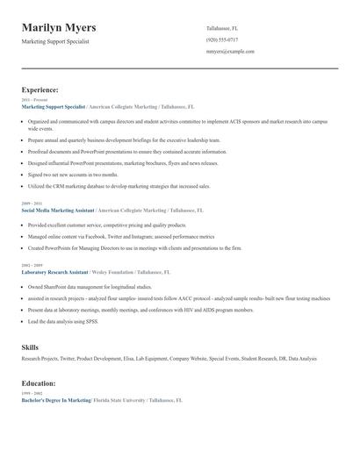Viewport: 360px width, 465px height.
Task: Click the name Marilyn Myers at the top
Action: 59,28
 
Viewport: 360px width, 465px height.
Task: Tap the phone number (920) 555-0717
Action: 221,39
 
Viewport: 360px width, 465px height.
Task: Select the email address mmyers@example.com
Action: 230,51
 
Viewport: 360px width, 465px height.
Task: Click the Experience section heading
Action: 40,89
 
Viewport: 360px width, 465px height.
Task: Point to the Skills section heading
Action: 30,347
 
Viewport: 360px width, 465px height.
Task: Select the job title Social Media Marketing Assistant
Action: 58,211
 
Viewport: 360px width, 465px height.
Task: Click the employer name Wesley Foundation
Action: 113,272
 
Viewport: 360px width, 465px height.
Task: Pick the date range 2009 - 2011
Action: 32,204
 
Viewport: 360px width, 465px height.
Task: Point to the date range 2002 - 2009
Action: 32,265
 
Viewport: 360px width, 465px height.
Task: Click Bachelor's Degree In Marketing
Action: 56,399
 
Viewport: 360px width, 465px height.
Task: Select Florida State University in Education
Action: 119,399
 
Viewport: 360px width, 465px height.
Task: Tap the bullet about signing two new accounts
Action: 73,174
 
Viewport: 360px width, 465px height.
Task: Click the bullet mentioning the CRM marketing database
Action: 119,186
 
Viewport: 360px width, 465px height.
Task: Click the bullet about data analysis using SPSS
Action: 63,321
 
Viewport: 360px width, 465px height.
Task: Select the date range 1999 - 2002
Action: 32,392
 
